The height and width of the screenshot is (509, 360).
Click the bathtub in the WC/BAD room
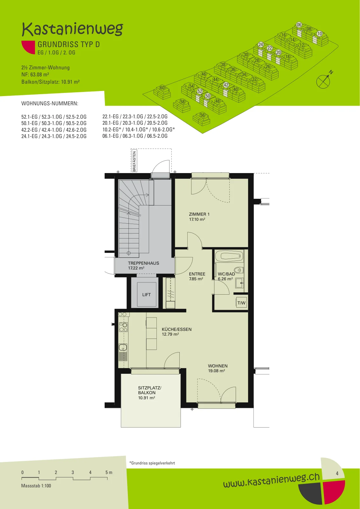229,256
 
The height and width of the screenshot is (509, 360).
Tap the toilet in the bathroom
239,270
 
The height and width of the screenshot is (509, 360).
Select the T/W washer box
241,303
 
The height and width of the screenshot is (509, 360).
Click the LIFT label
147,295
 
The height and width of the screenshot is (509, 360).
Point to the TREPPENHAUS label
143,263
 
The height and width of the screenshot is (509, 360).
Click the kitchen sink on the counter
123,347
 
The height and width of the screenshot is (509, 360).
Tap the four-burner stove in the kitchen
123,327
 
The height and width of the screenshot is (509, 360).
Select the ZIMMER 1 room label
199,214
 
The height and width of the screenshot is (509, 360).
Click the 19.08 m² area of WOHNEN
217,371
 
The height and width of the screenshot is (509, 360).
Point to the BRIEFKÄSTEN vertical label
134,161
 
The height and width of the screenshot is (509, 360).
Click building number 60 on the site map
162,88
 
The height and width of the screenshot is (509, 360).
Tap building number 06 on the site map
299,25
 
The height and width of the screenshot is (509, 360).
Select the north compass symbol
324,80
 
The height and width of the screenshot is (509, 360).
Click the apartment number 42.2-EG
30,130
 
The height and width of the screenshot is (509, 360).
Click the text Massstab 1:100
36,486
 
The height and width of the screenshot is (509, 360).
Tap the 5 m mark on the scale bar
109,472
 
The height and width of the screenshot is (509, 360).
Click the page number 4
337,473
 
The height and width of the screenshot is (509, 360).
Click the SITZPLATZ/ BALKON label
150,390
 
